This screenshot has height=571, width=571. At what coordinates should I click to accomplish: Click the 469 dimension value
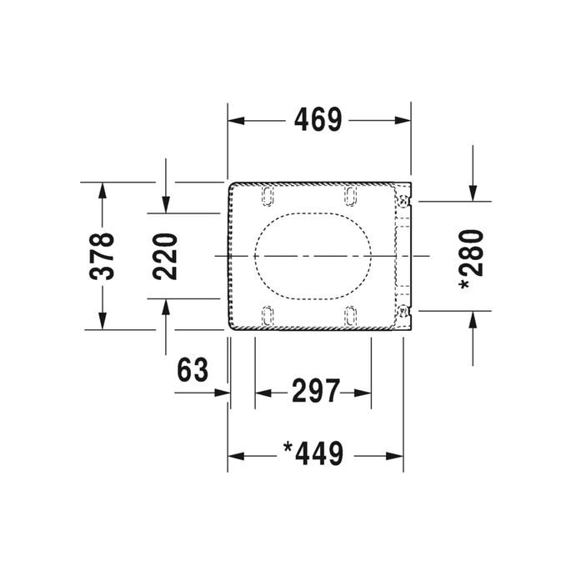(x=318, y=121)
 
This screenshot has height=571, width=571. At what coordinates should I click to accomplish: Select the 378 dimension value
(x=103, y=256)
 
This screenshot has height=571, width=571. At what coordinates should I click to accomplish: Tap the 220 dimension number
(x=166, y=256)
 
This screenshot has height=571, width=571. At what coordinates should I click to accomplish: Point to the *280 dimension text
(x=472, y=259)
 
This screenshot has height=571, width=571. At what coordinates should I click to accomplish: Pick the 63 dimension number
(x=193, y=369)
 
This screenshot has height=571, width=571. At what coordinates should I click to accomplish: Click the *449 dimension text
(x=313, y=455)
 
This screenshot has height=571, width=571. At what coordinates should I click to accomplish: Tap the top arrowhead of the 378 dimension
(x=103, y=190)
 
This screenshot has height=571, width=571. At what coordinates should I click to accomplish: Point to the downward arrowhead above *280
(x=473, y=193)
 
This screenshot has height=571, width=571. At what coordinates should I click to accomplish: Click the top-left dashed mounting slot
(x=268, y=195)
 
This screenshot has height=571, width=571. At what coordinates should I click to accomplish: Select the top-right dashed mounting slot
(x=350, y=195)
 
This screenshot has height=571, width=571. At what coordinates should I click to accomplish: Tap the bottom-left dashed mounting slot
(x=268, y=315)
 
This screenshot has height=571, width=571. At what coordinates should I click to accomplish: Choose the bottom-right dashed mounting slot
(x=350, y=315)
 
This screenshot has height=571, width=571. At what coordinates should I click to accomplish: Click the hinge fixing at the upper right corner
(x=404, y=199)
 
